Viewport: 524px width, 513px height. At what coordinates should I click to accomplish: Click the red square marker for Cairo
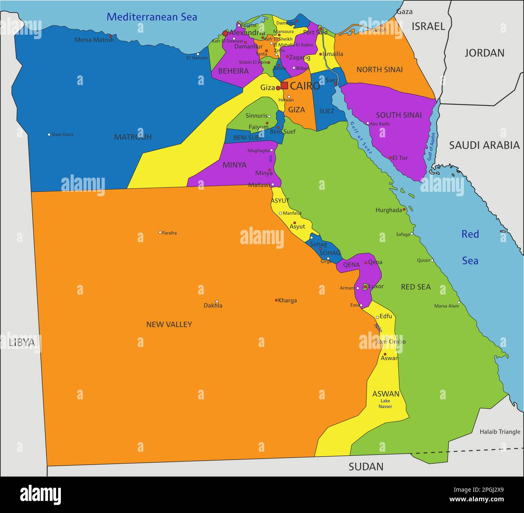click(x=284, y=85)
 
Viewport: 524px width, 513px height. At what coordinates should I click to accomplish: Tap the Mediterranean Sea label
click(x=152, y=17)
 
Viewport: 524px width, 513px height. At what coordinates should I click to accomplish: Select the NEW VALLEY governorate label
click(x=169, y=324)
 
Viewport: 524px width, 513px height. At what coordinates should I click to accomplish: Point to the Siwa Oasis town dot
click(x=49, y=134)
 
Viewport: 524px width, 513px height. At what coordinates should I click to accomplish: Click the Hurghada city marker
click(x=404, y=210)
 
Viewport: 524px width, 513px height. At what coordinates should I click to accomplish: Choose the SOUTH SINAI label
click(x=399, y=115)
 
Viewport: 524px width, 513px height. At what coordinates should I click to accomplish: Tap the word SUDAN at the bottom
click(x=366, y=467)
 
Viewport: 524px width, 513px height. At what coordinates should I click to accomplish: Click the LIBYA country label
click(x=22, y=343)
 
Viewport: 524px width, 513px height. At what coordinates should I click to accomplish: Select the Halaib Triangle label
click(x=500, y=432)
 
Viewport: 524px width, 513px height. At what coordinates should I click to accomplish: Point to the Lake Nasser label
click(x=385, y=403)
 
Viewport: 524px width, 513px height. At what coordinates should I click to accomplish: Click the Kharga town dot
click(x=276, y=300)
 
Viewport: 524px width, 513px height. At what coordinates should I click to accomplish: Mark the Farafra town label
click(x=169, y=233)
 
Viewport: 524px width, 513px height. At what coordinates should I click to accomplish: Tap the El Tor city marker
click(x=390, y=158)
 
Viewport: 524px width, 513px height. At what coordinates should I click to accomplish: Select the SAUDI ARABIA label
click(x=484, y=145)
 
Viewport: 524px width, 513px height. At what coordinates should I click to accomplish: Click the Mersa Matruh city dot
click(x=111, y=36)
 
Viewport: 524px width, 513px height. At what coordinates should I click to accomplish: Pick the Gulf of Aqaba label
click(x=431, y=147)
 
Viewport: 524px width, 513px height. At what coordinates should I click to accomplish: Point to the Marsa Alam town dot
click(x=459, y=302)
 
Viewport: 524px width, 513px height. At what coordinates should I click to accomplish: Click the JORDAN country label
click(x=484, y=53)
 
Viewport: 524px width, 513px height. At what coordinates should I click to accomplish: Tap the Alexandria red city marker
click(x=225, y=33)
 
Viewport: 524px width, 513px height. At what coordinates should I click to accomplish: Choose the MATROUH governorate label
click(x=133, y=137)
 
